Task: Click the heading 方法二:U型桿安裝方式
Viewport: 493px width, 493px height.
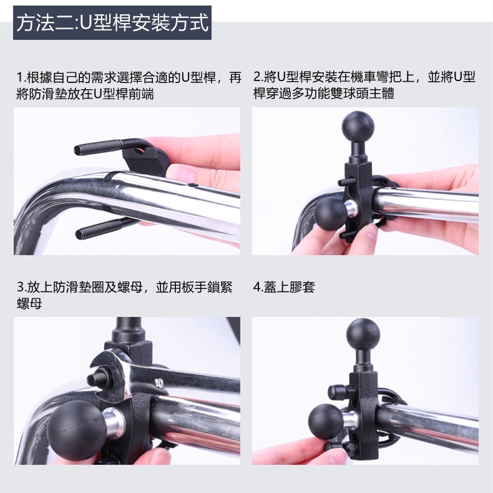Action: (x=112, y=22)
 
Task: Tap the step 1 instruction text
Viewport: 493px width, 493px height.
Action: (x=129, y=85)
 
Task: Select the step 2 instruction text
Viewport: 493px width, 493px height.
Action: (x=364, y=85)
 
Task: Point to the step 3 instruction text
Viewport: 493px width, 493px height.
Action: (x=125, y=295)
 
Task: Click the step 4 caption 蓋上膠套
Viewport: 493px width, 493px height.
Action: (x=284, y=286)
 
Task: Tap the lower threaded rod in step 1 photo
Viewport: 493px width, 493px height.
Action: (x=100, y=228)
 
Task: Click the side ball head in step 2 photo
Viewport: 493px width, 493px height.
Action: (x=331, y=215)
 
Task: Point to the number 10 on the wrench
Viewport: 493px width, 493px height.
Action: (x=159, y=383)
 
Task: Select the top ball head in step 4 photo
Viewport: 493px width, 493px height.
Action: (x=363, y=334)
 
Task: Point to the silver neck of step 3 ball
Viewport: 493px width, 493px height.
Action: (x=112, y=423)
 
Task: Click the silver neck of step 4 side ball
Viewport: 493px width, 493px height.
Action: (x=350, y=420)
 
